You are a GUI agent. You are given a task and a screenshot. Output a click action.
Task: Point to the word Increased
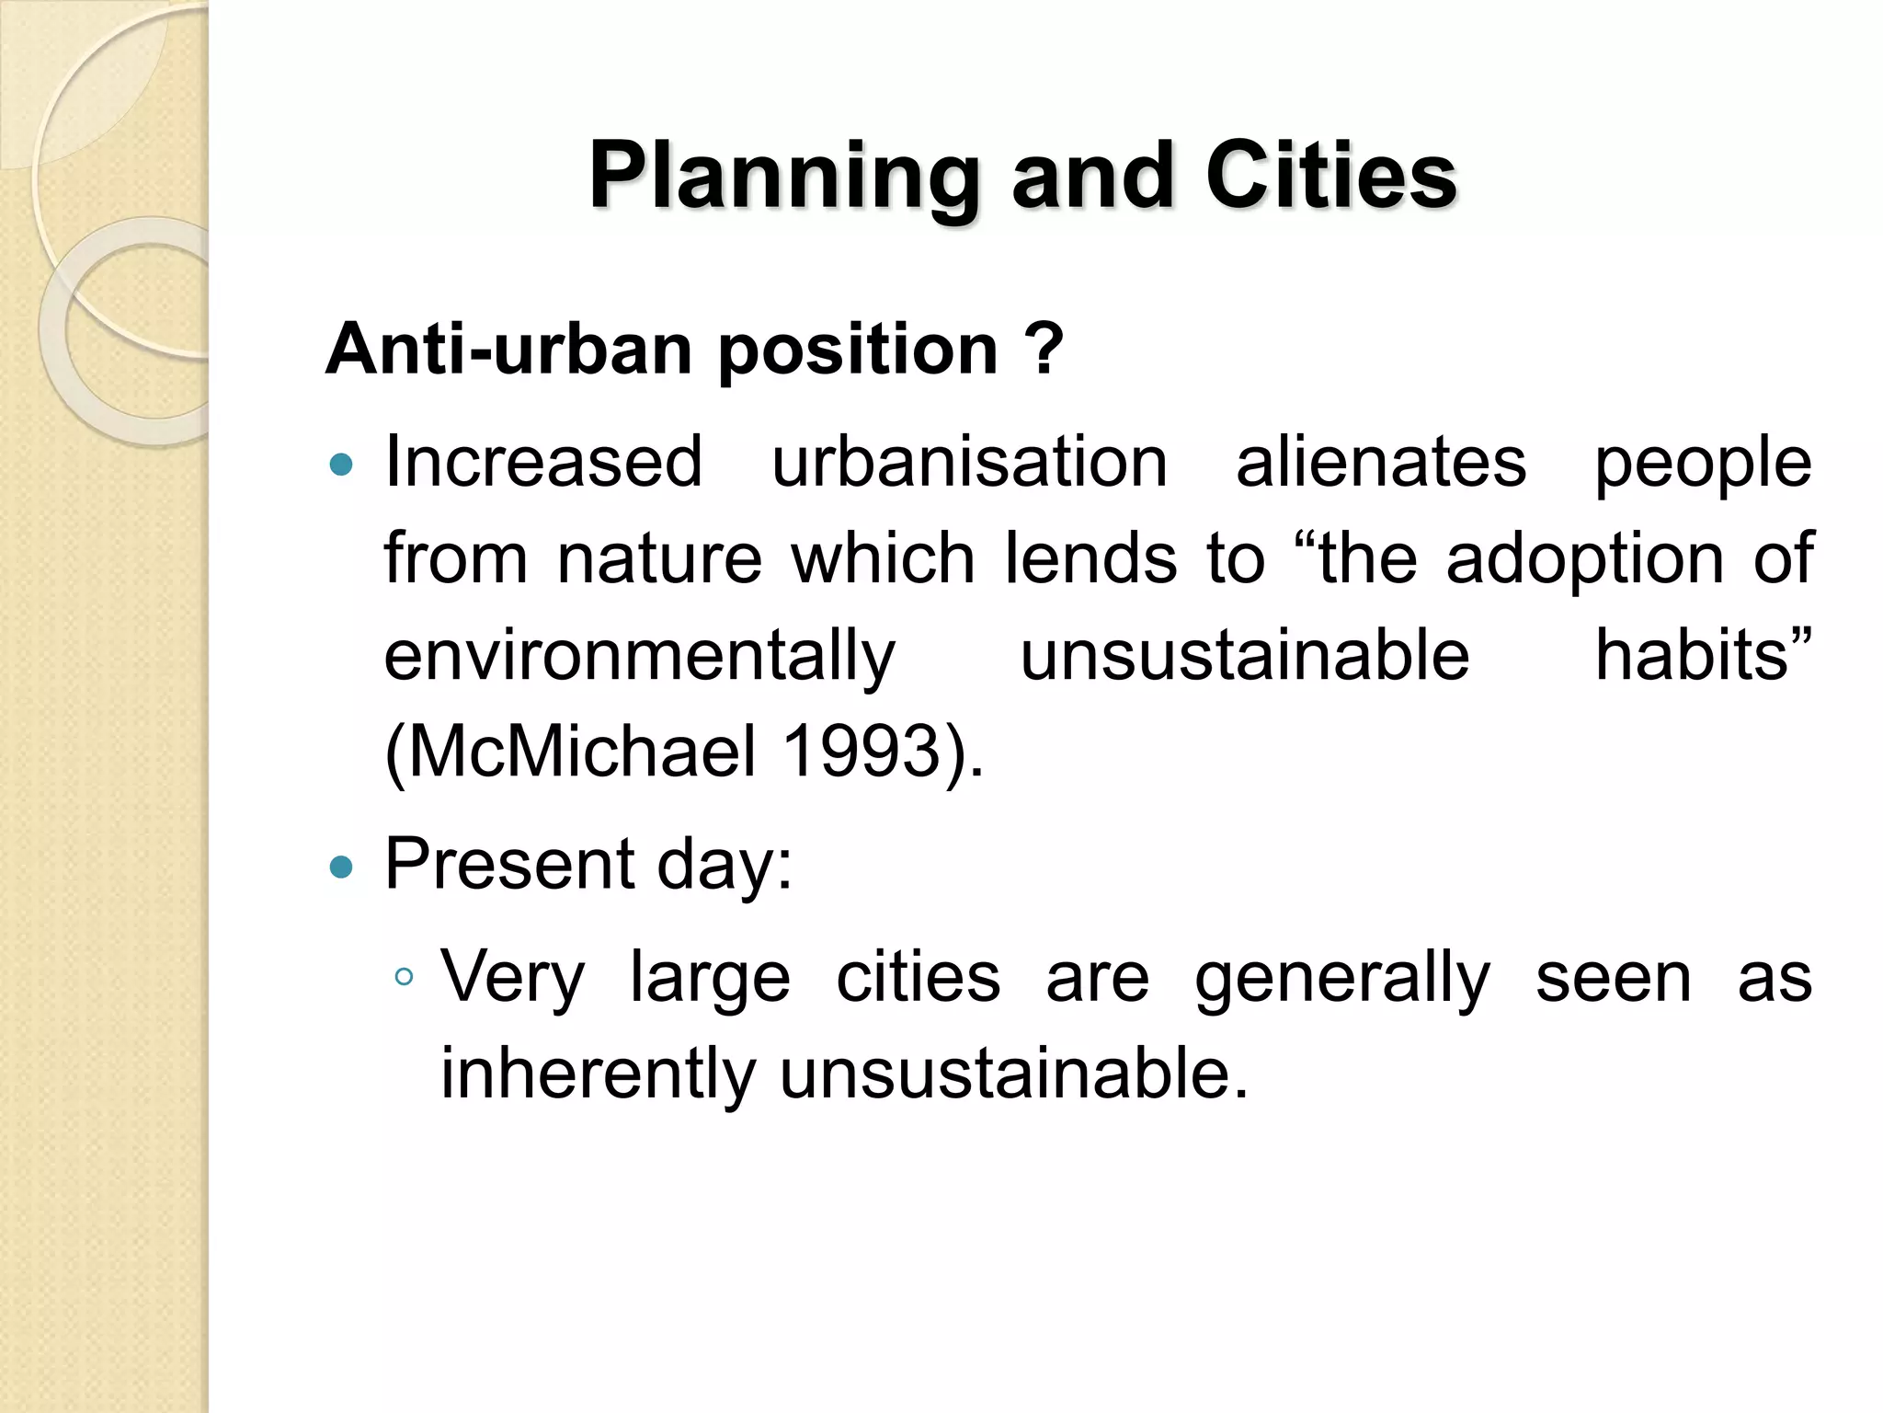click(x=543, y=462)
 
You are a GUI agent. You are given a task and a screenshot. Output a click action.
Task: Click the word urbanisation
click(x=969, y=462)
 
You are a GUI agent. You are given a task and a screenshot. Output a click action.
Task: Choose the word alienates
click(x=1380, y=462)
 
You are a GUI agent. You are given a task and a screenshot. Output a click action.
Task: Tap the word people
click(x=1702, y=464)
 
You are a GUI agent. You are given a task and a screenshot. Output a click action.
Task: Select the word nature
click(x=659, y=558)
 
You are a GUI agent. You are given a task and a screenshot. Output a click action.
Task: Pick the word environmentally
click(x=639, y=657)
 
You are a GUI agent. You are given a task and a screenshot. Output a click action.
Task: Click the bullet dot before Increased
click(x=341, y=465)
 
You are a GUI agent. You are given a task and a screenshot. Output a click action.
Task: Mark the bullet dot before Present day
click(x=341, y=867)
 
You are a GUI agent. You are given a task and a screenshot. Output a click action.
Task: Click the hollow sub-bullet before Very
click(x=403, y=977)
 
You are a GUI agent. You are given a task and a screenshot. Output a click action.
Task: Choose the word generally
click(x=1341, y=979)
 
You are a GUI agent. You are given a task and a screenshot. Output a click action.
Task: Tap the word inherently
click(x=598, y=1074)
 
